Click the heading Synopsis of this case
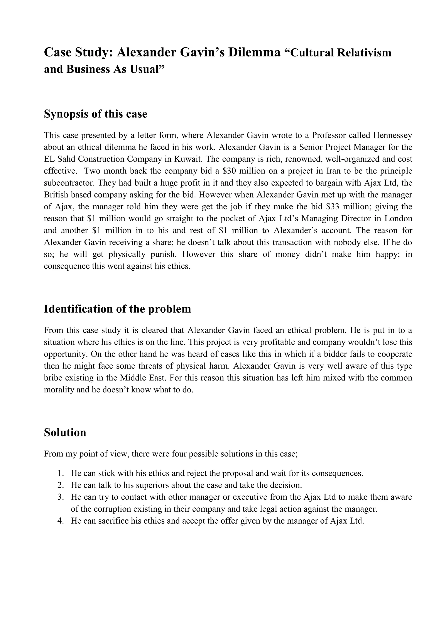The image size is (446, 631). tap(96, 114)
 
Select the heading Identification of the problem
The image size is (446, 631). tap(117, 309)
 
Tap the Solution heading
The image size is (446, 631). tap(65, 432)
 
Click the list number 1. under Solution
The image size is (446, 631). tap(61, 473)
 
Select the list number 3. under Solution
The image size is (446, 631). tap(61, 497)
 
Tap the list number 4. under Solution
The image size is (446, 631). tap(61, 521)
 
